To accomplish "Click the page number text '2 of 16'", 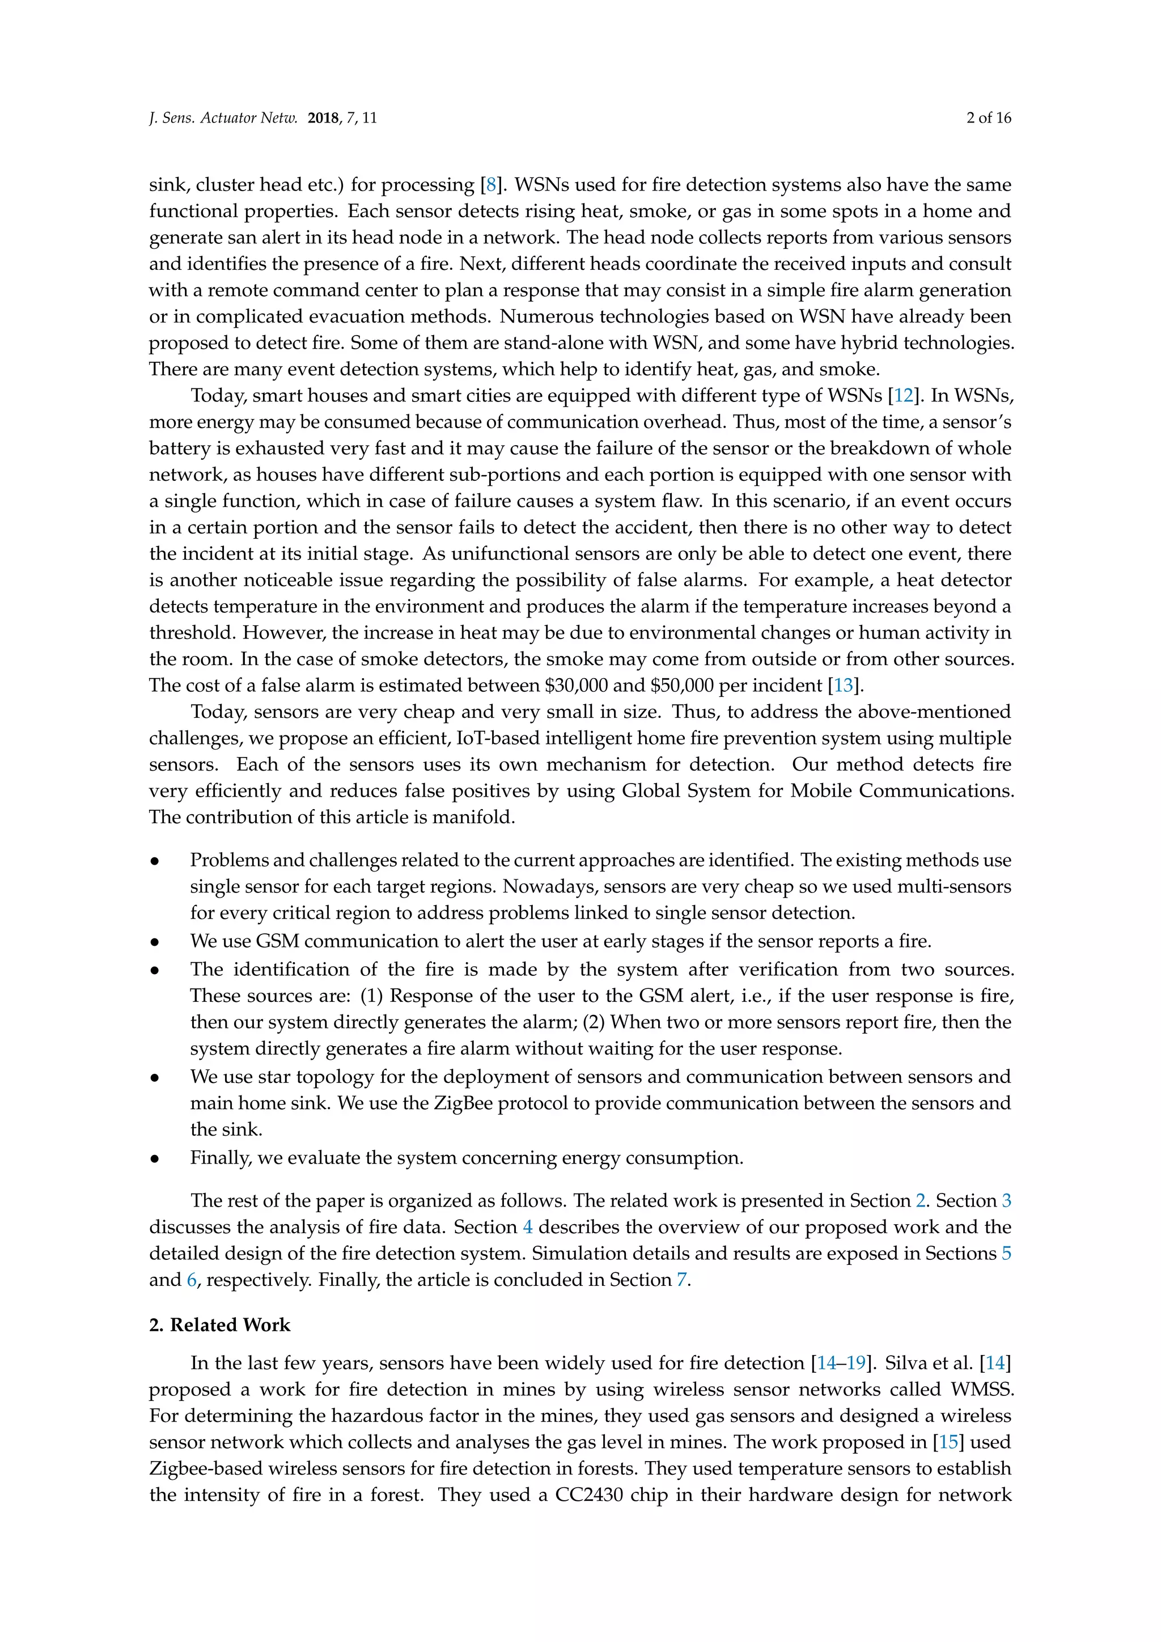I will [988, 118].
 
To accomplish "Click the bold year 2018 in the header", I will [323, 118].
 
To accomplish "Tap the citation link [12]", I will [904, 396].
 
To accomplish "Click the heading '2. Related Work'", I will [219, 1324].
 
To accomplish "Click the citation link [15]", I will [948, 1442].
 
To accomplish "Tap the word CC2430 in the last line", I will [588, 1495].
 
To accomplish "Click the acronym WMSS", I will [981, 1390].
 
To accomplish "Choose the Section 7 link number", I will [681, 1280].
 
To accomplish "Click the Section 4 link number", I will [528, 1226].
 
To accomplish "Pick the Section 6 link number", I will [192, 1280].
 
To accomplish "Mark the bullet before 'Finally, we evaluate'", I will [154, 1158].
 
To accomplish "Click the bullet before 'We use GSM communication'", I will [154, 942].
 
